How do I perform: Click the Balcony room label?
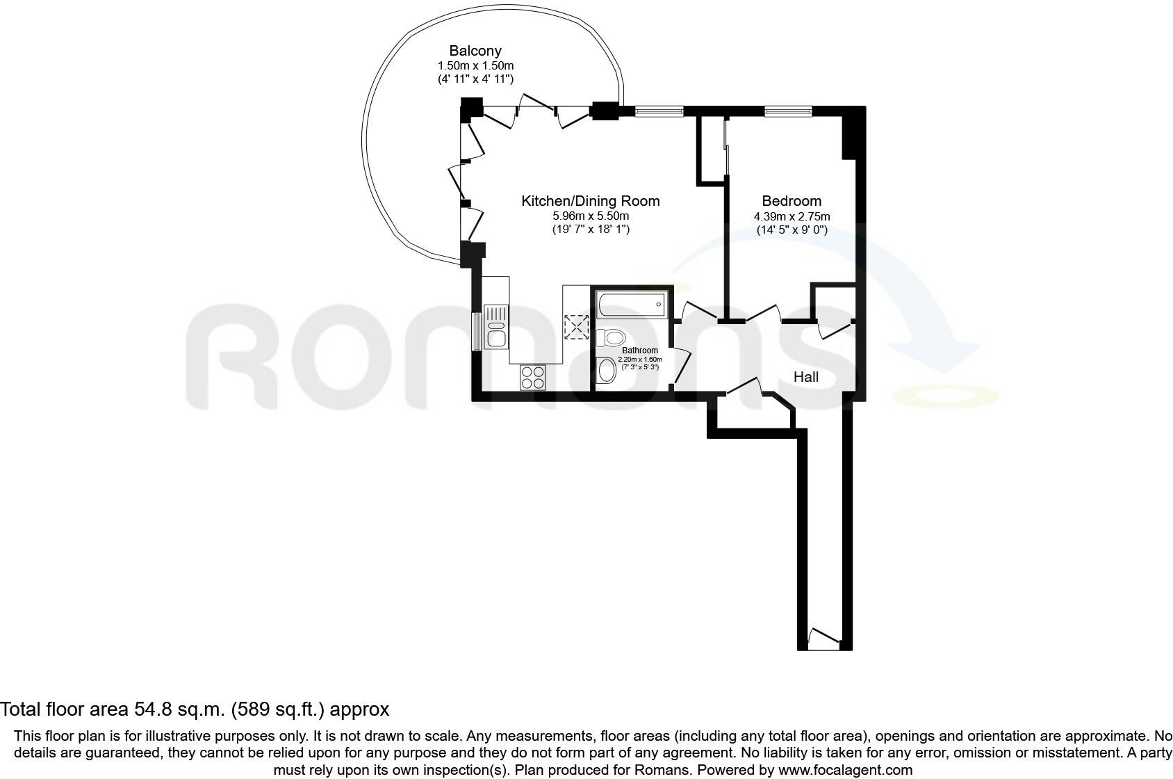[x=475, y=51]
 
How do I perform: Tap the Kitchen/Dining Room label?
[x=590, y=201]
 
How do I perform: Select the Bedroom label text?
[x=791, y=201]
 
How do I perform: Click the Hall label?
[x=806, y=377]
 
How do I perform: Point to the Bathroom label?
[x=639, y=351]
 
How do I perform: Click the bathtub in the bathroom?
[x=631, y=304]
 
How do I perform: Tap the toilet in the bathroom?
[x=611, y=338]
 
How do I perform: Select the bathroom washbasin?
[x=607, y=370]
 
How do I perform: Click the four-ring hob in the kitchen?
[x=533, y=378]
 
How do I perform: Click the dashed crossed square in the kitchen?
[x=577, y=326]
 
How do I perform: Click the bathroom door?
[x=680, y=367]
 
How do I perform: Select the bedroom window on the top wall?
[x=788, y=111]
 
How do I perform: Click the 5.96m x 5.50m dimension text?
[x=590, y=216]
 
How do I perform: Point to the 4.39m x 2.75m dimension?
[x=791, y=216]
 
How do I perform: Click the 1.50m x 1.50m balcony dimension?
[x=475, y=65]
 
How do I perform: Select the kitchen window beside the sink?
[x=476, y=332]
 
